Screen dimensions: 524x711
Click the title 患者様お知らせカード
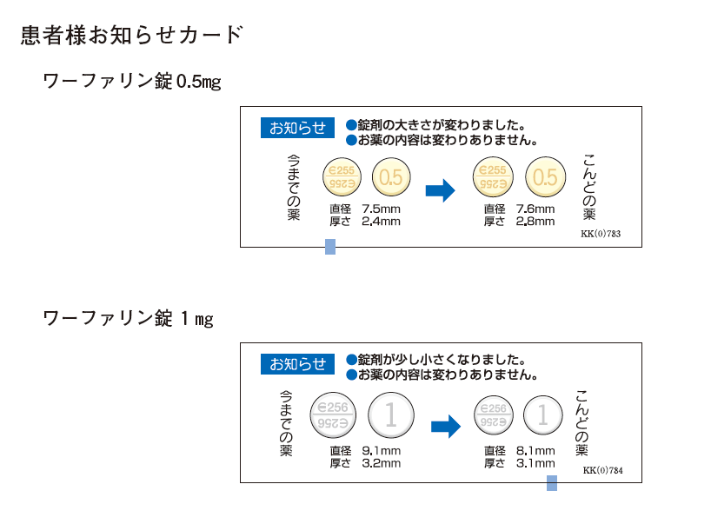[130, 36]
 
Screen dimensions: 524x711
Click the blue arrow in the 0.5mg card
[441, 189]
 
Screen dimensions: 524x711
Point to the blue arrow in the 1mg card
[445, 426]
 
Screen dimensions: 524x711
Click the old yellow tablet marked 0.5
[391, 178]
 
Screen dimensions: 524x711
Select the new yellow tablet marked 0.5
[544, 178]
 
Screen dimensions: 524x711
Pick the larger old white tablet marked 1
[390, 415]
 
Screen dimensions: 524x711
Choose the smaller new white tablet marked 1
[542, 415]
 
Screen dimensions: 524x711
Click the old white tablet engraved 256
[333, 415]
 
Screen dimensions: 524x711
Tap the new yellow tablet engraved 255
[492, 178]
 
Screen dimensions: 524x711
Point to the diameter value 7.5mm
[381, 209]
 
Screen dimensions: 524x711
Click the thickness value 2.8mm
[535, 222]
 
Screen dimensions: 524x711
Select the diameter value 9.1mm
[381, 450]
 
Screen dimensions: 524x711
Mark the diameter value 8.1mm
[535, 450]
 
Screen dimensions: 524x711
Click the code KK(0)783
[601, 235]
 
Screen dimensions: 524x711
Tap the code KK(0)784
[602, 471]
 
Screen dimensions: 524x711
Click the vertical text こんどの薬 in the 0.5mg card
[589, 186]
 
